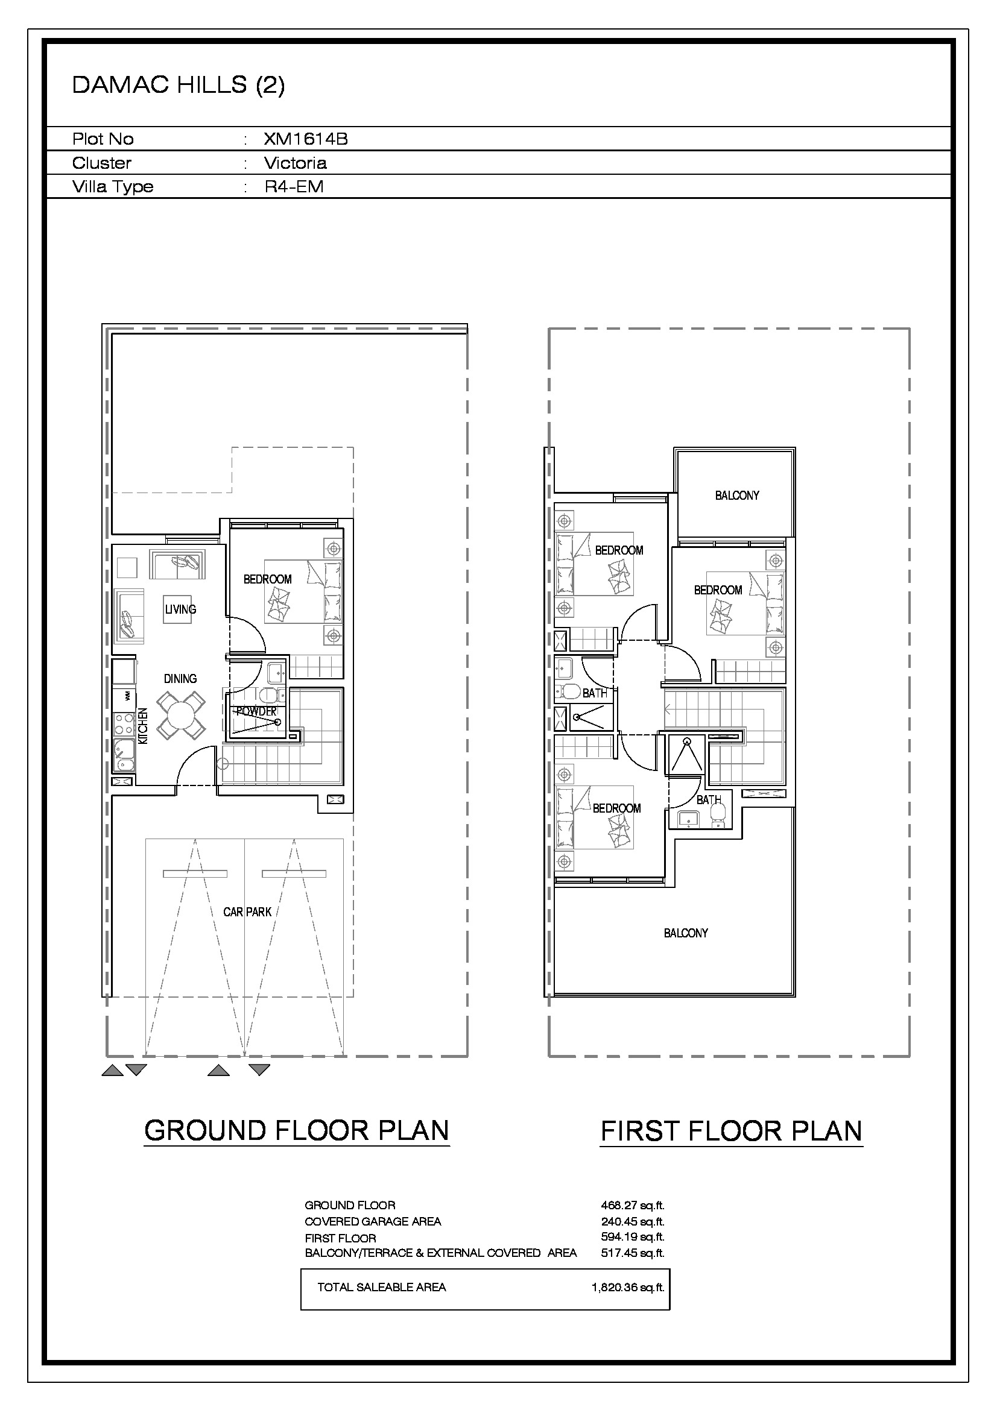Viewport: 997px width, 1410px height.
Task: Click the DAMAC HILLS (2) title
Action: (178, 86)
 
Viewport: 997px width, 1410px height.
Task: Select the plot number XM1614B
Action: (306, 139)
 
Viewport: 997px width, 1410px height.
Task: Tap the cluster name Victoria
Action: (296, 163)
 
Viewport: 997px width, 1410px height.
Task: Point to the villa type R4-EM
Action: (294, 187)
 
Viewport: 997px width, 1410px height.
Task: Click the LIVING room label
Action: (180, 609)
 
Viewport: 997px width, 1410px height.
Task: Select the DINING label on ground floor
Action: (180, 679)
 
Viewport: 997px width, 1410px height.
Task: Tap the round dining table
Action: (180, 716)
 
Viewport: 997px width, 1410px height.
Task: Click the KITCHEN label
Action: (142, 726)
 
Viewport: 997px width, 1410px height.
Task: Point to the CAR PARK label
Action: (247, 912)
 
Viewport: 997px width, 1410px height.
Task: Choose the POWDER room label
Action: (257, 711)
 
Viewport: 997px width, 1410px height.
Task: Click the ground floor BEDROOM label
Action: (267, 579)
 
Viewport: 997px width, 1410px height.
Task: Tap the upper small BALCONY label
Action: (736, 496)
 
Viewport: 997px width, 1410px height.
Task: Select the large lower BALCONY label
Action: (686, 933)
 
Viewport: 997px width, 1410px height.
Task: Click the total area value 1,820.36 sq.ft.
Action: (628, 1287)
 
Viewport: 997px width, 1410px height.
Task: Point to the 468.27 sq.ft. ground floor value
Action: (633, 1205)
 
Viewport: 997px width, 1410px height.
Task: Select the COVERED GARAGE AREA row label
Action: (373, 1221)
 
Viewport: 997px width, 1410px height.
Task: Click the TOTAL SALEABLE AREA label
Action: (381, 1287)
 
